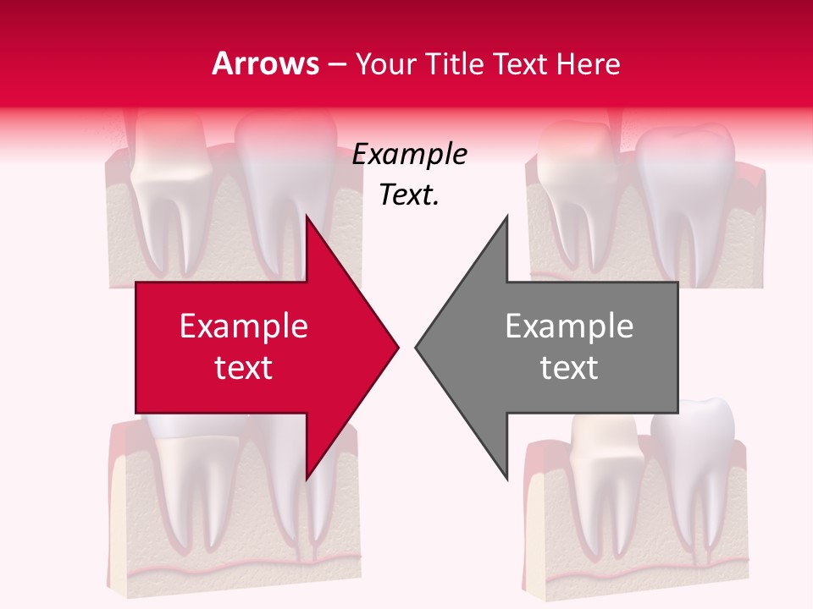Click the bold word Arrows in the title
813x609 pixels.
(x=266, y=63)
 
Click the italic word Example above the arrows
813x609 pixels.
(x=409, y=155)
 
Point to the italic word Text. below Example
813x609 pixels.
(x=409, y=195)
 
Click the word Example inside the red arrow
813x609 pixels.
(x=244, y=326)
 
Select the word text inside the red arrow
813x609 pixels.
(x=244, y=367)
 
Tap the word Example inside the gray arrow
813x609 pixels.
(x=569, y=326)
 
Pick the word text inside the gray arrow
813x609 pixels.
(x=569, y=367)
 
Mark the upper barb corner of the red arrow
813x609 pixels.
(x=307, y=217)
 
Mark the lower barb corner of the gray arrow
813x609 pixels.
(x=507, y=478)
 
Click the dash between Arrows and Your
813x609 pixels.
(x=336, y=63)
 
